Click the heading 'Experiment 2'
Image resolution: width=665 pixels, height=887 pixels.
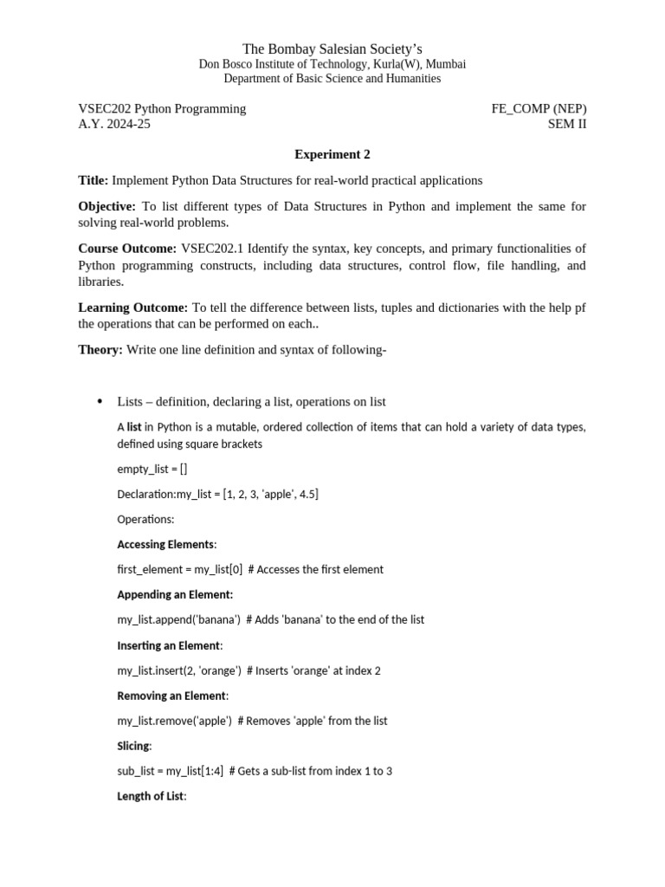click(x=332, y=154)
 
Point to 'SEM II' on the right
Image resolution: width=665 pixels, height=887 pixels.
click(x=566, y=124)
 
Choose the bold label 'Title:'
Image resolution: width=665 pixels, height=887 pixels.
click(x=94, y=180)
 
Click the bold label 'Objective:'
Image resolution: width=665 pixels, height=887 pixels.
click(x=107, y=206)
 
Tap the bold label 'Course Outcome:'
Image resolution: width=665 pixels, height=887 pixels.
click(x=127, y=249)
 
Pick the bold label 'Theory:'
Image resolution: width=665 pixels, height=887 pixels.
click(x=100, y=350)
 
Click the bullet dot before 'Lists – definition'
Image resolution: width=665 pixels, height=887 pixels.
click(x=100, y=401)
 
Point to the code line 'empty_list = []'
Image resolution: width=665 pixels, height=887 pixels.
click(x=152, y=469)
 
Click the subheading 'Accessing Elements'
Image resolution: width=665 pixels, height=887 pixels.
click(x=165, y=544)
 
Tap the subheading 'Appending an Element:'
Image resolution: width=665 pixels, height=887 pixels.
click(x=175, y=594)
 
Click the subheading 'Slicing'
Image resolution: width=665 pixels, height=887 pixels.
click(x=133, y=745)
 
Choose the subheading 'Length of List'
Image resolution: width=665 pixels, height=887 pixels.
click(x=150, y=795)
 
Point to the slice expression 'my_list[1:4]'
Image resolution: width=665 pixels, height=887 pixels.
click(x=194, y=770)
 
